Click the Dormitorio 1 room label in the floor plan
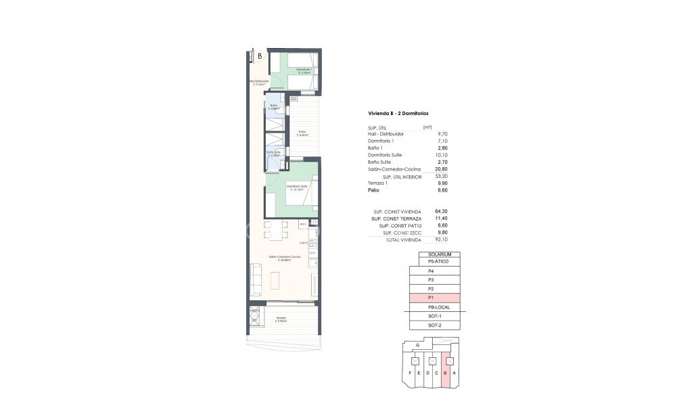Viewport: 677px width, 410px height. point(304,70)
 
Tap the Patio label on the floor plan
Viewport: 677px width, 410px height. point(302,133)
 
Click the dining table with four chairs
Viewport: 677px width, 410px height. point(276,230)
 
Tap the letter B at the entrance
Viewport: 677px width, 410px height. point(260,56)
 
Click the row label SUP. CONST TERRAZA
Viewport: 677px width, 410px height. point(397,219)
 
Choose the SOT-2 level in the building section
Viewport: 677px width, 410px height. point(434,325)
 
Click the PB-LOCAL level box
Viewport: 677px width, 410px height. point(434,307)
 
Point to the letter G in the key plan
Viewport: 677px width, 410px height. point(418,345)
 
